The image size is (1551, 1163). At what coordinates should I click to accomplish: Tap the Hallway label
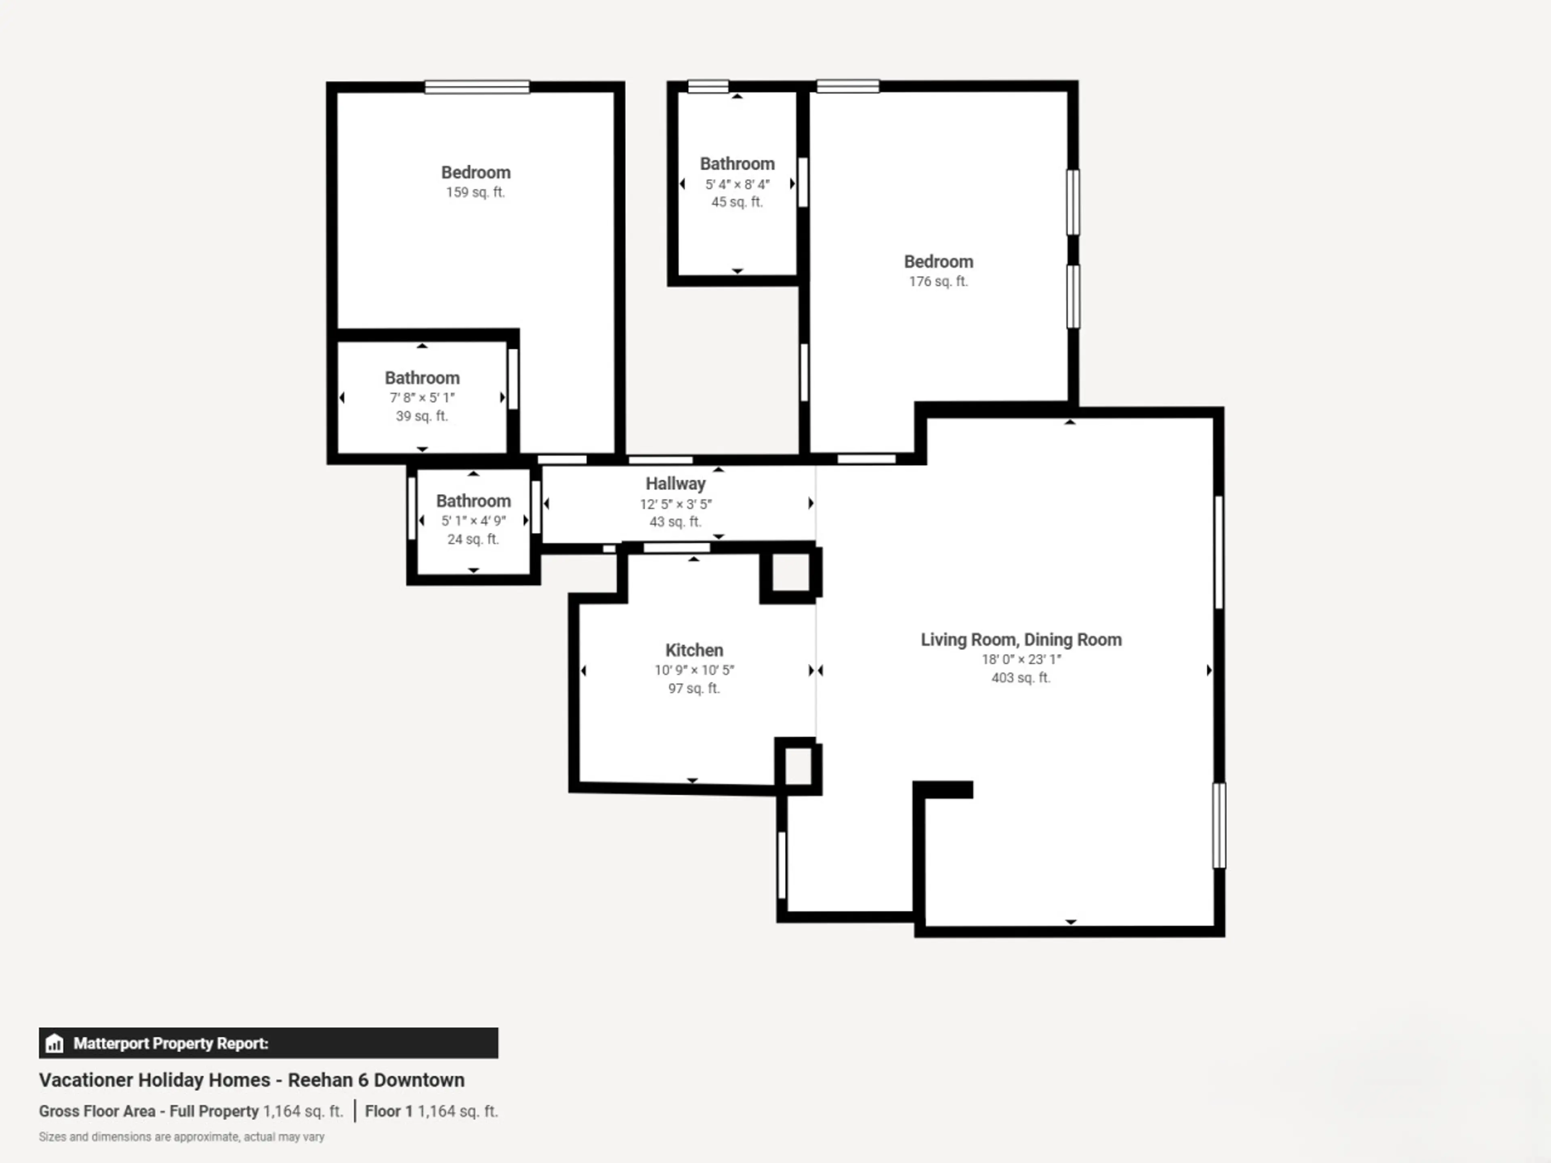675,484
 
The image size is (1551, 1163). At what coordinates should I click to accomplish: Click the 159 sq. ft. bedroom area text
475,192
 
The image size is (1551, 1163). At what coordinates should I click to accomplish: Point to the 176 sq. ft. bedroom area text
938,281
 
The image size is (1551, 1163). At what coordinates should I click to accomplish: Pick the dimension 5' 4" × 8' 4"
737,185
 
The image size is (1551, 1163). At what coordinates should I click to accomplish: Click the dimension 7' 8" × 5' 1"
422,397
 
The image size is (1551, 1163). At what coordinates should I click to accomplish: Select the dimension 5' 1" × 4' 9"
473,521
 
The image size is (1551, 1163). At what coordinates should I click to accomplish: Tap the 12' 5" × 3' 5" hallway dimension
675,504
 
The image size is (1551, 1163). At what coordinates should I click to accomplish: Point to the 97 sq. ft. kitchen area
694,689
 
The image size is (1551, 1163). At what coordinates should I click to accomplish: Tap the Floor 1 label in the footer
389,1111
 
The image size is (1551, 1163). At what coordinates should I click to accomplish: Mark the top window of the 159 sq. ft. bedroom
477,87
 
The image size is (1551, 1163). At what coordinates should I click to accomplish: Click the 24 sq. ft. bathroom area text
473,539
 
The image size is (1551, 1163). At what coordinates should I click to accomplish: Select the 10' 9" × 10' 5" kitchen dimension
694,670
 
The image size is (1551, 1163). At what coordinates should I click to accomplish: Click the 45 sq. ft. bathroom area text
737,202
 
